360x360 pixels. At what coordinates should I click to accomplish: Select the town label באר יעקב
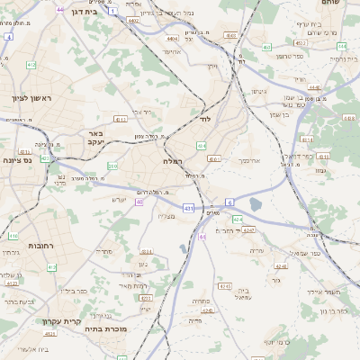(x=96, y=138)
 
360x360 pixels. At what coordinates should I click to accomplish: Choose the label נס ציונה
(x=16, y=161)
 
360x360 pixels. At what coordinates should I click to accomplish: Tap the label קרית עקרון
(x=60, y=320)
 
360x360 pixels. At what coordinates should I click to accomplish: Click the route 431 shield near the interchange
(x=188, y=208)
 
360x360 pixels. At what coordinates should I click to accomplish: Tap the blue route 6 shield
(x=229, y=202)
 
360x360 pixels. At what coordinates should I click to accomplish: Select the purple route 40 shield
(x=139, y=202)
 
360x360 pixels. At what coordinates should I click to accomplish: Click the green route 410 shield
(x=13, y=236)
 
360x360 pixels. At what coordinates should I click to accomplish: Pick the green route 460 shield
(x=265, y=47)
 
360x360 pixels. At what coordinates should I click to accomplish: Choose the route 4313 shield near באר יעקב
(x=120, y=118)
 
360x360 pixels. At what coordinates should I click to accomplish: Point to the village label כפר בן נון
(x=332, y=310)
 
